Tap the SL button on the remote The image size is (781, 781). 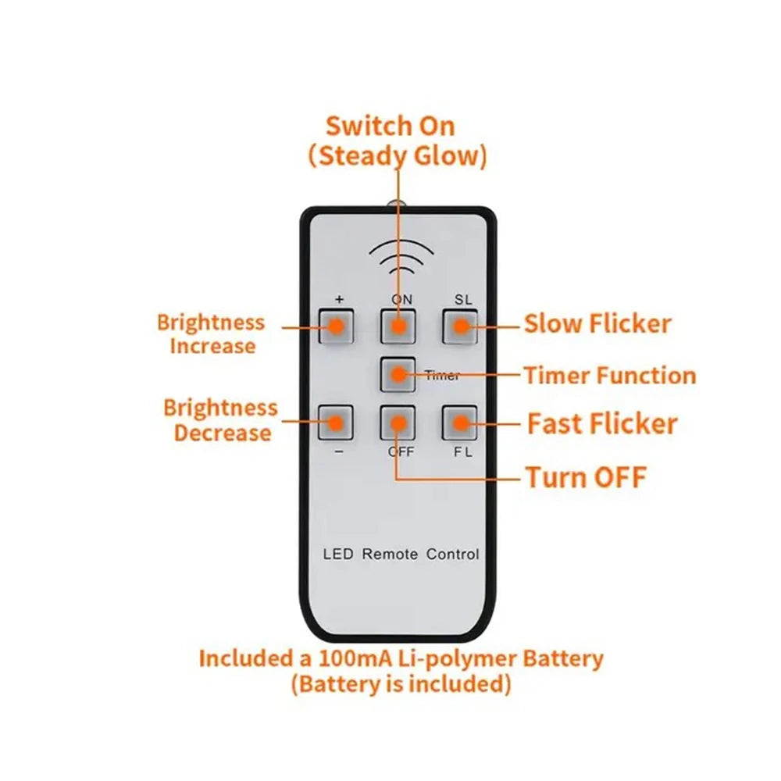pyautogui.click(x=461, y=326)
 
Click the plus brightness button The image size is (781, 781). pyautogui.click(x=336, y=326)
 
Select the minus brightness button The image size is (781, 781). pyautogui.click(x=336, y=423)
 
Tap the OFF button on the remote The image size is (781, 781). pyautogui.click(x=398, y=423)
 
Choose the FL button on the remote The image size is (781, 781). pyautogui.click(x=461, y=423)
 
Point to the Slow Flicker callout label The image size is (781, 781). pyautogui.click(x=597, y=323)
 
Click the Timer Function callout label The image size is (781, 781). pyautogui.click(x=609, y=376)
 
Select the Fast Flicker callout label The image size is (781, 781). pyautogui.click(x=602, y=424)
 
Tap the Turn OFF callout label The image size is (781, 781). pyautogui.click(x=586, y=476)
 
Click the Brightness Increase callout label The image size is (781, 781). pyautogui.click(x=212, y=334)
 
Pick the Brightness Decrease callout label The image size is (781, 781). pyautogui.click(x=221, y=420)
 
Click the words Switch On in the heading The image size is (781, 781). pyautogui.click(x=390, y=126)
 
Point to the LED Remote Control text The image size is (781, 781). pyautogui.click(x=401, y=555)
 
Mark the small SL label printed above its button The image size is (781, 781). pyautogui.click(x=464, y=300)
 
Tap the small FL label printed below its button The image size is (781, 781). pyautogui.click(x=463, y=452)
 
